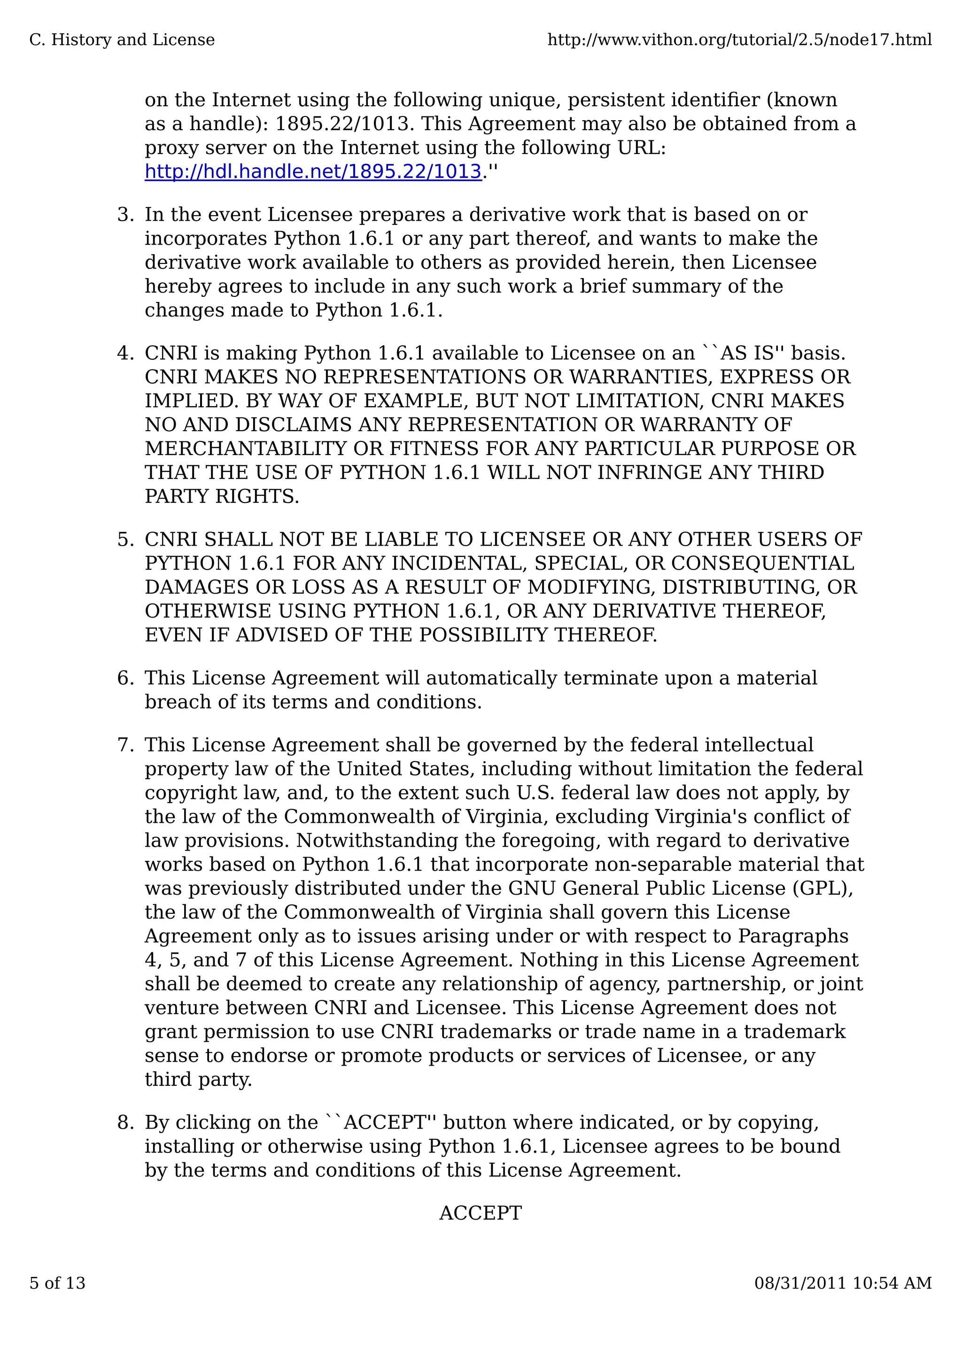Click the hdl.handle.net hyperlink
click(313, 172)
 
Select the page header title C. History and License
click(122, 40)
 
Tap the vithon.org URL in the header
click(739, 40)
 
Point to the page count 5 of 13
click(57, 1283)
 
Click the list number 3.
click(125, 215)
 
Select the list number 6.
click(125, 678)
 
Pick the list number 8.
click(125, 1122)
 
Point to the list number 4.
click(125, 353)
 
